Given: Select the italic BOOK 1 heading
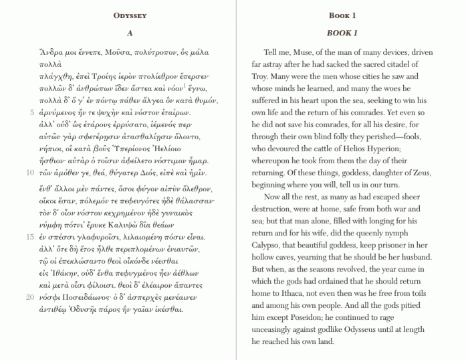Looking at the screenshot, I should click(342, 33).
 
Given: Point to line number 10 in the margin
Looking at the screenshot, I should click(30, 172).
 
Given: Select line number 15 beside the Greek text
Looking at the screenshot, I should click(30, 237).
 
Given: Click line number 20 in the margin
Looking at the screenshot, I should click(30, 296).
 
